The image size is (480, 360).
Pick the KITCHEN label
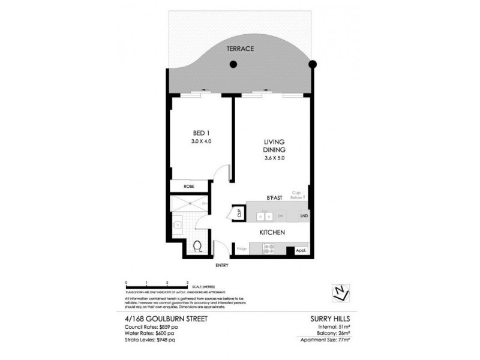271,232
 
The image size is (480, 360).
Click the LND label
304,215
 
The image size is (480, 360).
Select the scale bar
157,286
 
